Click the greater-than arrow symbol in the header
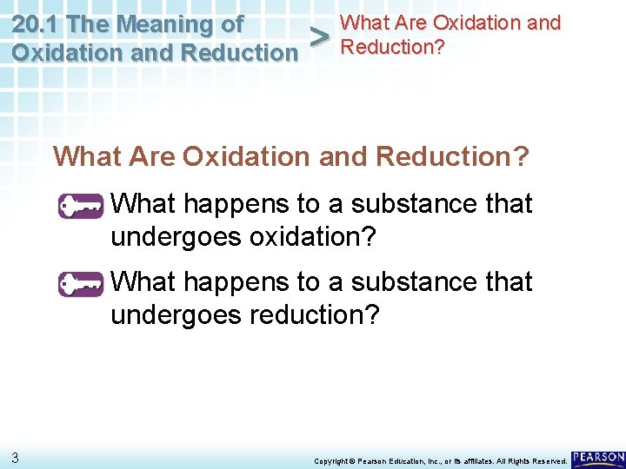coord(320,37)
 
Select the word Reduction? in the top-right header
coord(392,47)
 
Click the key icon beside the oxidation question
coord(81,208)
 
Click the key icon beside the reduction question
coord(81,285)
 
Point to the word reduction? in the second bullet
coord(315,314)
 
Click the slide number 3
coord(16,456)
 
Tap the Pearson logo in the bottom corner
coord(597,457)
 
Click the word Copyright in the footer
coord(330,459)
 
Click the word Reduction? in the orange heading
coord(452,156)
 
